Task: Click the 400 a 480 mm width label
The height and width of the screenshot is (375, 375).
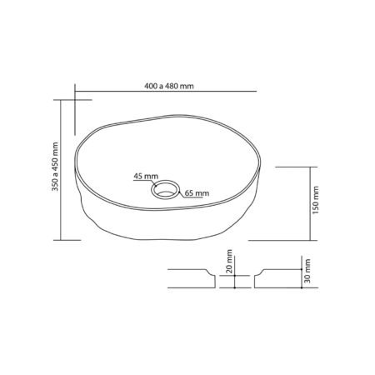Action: pos(169,86)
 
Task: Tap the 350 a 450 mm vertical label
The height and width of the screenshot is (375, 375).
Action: pos(55,167)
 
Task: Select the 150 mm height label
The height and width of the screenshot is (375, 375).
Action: pos(316,200)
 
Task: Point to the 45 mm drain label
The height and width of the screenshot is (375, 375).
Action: pos(146,176)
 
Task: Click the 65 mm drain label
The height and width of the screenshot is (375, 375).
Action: pos(197,193)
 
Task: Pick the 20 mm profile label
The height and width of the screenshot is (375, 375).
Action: pos(229,261)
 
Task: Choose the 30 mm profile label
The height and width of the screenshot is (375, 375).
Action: pos(307,271)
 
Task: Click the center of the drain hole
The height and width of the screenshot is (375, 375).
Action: pos(165,189)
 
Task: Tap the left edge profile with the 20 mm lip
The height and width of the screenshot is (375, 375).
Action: pos(192,278)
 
